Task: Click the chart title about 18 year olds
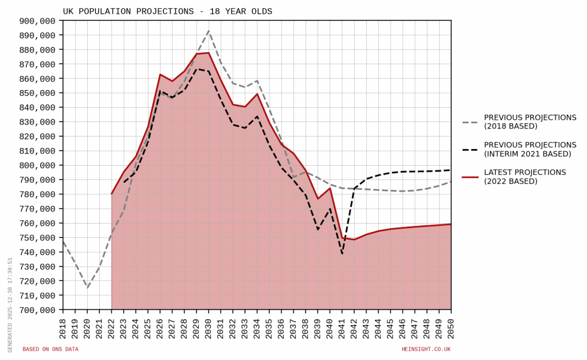click(x=167, y=11)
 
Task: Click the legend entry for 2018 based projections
click(x=530, y=122)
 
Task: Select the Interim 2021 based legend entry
click(x=530, y=149)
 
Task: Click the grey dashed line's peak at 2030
click(x=209, y=31)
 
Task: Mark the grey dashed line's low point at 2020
click(x=87, y=288)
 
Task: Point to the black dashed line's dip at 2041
click(x=342, y=253)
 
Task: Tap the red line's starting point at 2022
click(x=112, y=194)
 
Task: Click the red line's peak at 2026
click(x=160, y=75)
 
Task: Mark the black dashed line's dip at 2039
click(x=318, y=229)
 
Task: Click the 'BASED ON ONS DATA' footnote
click(x=50, y=349)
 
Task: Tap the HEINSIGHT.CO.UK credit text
click(x=426, y=349)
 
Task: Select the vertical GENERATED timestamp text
click(x=10, y=304)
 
